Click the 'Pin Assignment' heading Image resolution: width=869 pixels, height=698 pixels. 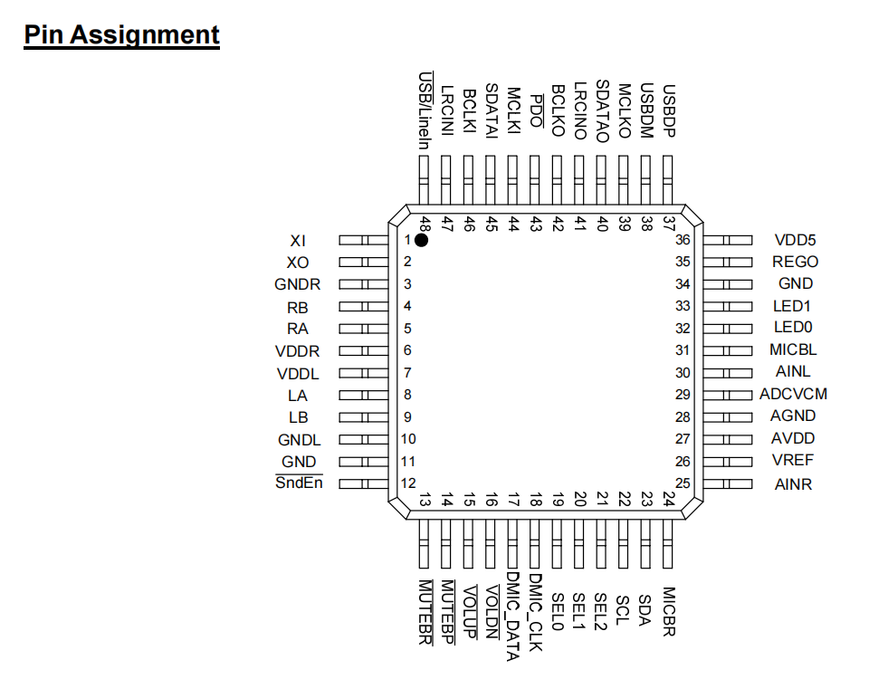point(122,34)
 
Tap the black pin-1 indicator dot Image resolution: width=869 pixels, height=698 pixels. point(421,240)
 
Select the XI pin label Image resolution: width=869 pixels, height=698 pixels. point(298,241)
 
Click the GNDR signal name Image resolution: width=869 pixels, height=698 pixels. point(298,284)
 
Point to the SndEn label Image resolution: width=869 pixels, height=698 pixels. point(299,483)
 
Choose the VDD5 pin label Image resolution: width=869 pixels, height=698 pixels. point(796,240)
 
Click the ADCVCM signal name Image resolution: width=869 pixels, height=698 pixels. point(793,394)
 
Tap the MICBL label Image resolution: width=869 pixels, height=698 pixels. point(793,349)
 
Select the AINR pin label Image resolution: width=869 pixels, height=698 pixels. point(793,484)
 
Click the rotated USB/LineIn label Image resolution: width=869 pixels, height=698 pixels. point(425,110)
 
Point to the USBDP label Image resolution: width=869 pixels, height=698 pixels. point(669,110)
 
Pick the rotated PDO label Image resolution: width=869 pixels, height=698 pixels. point(536,110)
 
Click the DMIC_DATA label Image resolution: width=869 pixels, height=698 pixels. point(512,617)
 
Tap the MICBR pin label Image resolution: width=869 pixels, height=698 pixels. point(669,611)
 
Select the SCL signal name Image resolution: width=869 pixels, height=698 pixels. point(624,610)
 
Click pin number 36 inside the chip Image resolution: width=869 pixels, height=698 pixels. point(683,240)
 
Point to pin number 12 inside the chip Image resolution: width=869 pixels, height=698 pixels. point(408,483)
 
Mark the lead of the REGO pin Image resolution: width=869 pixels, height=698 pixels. point(728,262)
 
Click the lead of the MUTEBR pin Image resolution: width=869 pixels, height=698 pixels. point(424,543)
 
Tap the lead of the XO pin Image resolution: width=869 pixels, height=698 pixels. point(364,262)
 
